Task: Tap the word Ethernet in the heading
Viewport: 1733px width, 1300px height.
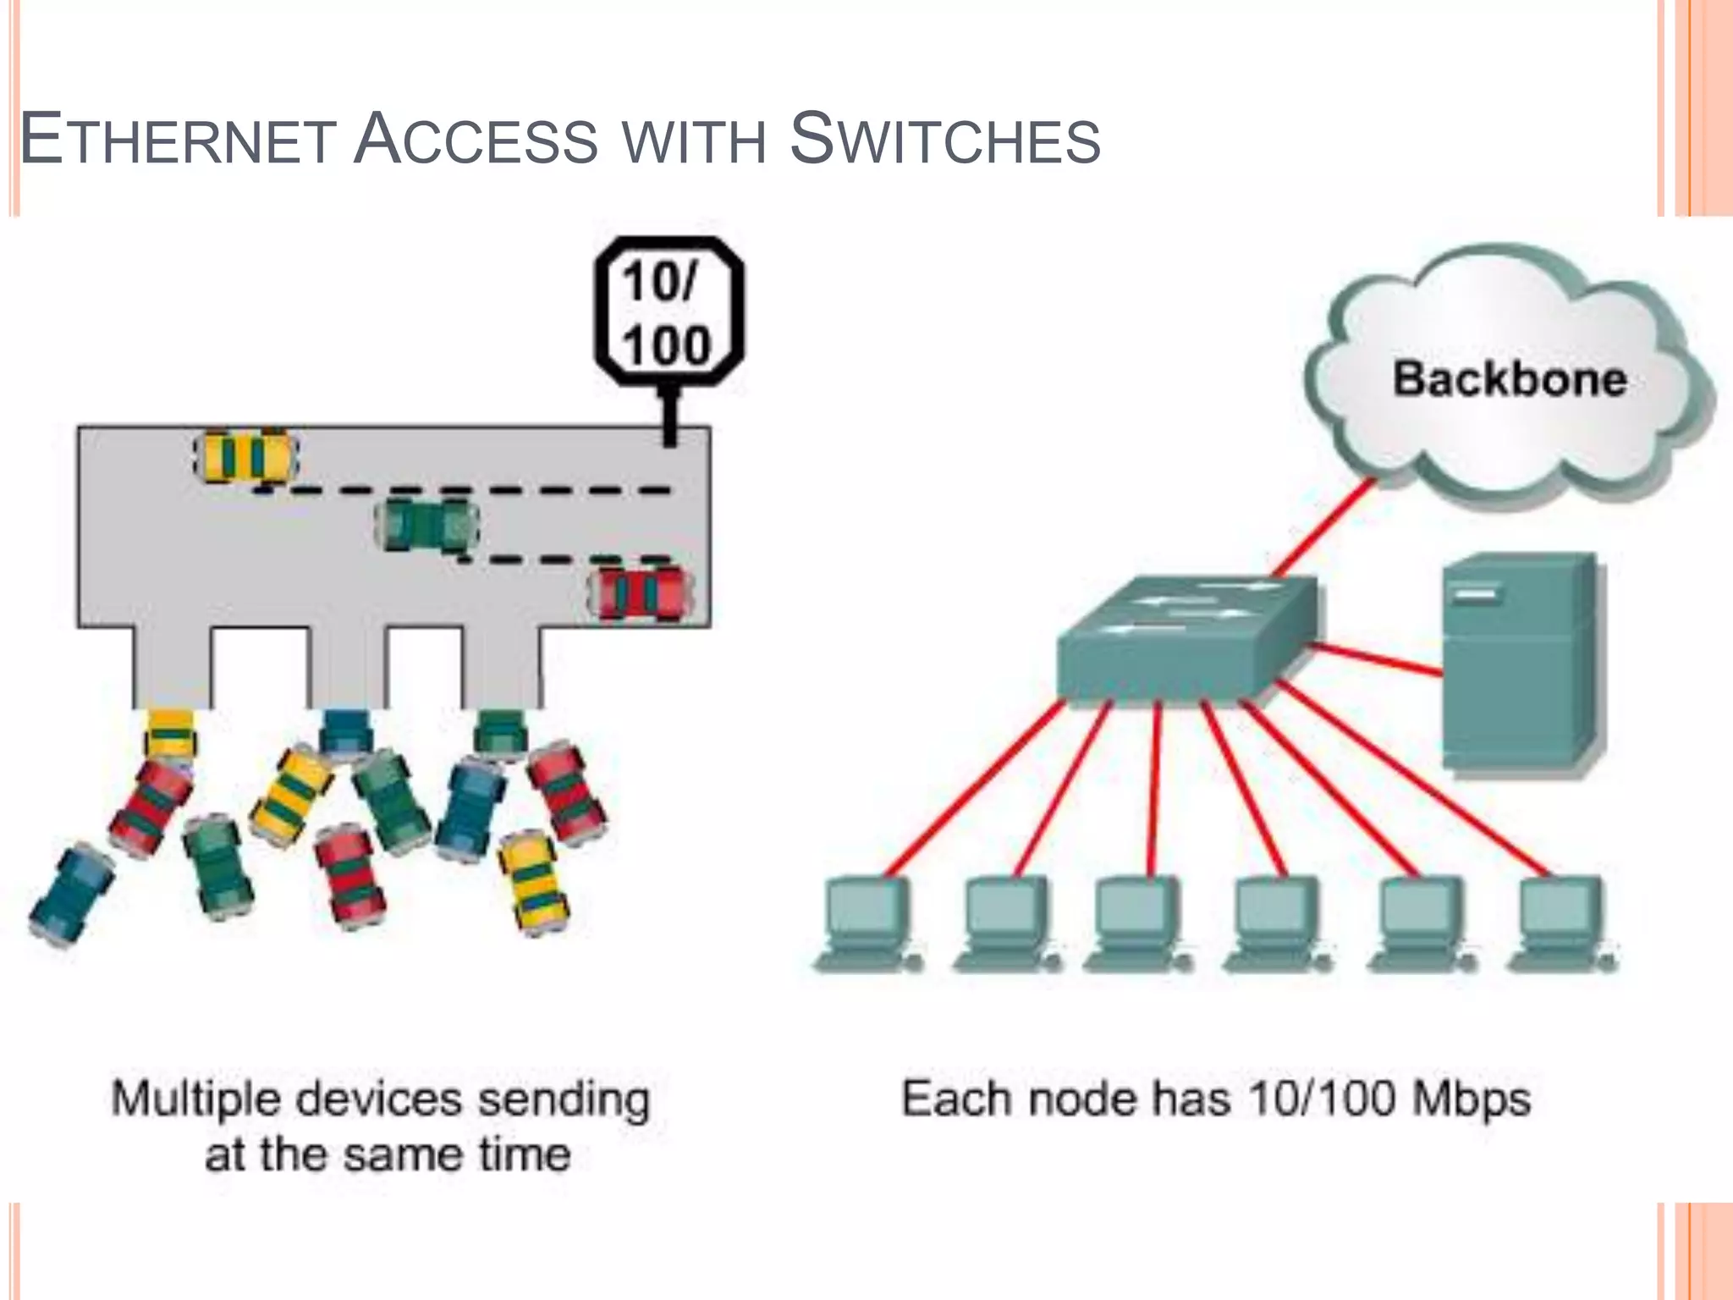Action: point(178,140)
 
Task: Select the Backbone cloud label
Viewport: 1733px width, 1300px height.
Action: point(1510,378)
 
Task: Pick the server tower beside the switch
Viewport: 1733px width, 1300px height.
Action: point(1520,664)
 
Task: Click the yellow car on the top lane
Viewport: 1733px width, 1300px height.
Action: point(246,457)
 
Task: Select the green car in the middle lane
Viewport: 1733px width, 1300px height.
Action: point(427,525)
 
